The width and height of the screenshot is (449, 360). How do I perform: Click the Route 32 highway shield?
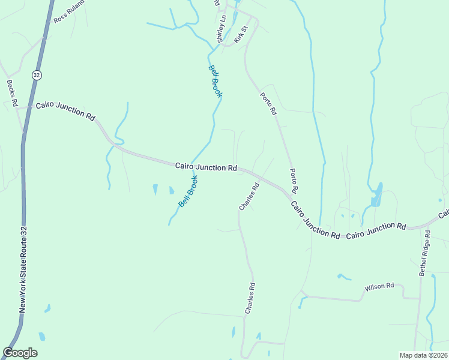click(x=37, y=75)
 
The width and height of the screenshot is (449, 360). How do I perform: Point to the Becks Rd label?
click(x=11, y=93)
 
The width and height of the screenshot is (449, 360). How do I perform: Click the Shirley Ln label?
click(x=221, y=29)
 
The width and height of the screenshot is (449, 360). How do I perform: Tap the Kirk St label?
click(x=241, y=34)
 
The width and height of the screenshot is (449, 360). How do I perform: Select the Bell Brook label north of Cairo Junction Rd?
click(x=215, y=80)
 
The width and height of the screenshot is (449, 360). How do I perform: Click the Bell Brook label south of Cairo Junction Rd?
click(x=188, y=191)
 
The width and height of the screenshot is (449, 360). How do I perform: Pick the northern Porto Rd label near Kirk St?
click(x=268, y=103)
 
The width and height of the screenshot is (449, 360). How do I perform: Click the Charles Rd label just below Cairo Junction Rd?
click(x=249, y=196)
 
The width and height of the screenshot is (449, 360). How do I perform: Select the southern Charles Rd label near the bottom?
click(x=250, y=299)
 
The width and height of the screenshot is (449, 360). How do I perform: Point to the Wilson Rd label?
click(x=379, y=287)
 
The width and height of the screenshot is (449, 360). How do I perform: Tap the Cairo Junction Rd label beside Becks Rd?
click(x=65, y=111)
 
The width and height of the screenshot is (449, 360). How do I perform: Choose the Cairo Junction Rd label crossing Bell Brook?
click(x=206, y=167)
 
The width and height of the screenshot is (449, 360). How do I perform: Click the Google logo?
click(x=20, y=353)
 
